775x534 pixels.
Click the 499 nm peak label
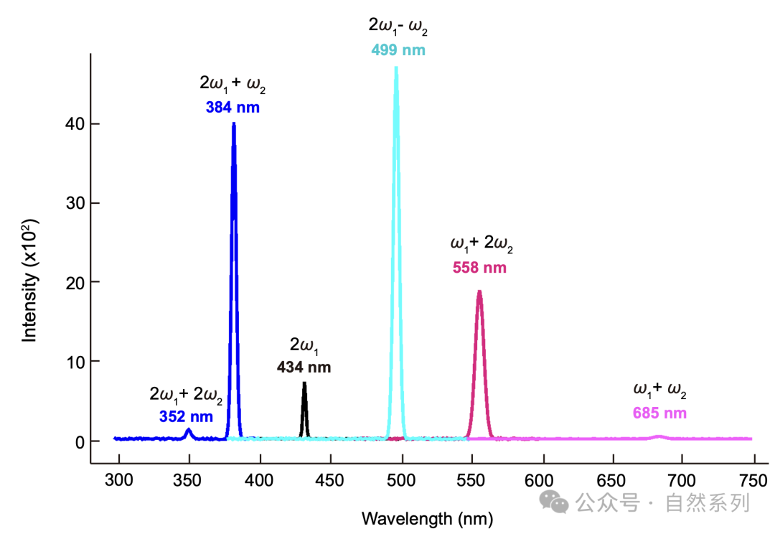pyautogui.click(x=398, y=50)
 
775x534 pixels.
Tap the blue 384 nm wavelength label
pyautogui.click(x=232, y=107)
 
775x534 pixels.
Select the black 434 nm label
pyautogui.click(x=304, y=367)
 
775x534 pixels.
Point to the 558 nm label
pyautogui.click(x=479, y=268)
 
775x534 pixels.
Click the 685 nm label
pyautogui.click(x=660, y=413)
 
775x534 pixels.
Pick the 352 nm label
pyautogui.click(x=186, y=417)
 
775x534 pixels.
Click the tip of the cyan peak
pyautogui.click(x=396, y=67)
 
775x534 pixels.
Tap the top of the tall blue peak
pyautogui.click(x=234, y=123)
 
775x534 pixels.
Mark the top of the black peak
pyautogui.click(x=304, y=383)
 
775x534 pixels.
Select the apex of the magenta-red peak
pyautogui.click(x=479, y=291)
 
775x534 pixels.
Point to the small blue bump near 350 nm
pyautogui.click(x=188, y=433)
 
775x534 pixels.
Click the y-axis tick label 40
pyautogui.click(x=75, y=124)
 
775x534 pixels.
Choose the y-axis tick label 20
pyautogui.click(x=75, y=284)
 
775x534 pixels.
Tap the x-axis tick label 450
pyautogui.click(x=329, y=481)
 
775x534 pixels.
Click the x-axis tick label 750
pyautogui.click(x=753, y=481)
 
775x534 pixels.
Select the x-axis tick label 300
pyautogui.click(x=118, y=480)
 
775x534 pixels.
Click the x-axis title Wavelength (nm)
pyautogui.click(x=428, y=519)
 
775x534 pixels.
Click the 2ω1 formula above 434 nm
pyautogui.click(x=304, y=345)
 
